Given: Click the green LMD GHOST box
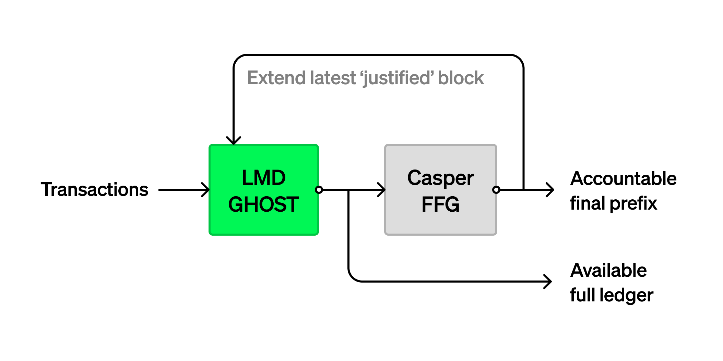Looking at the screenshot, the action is [264, 190].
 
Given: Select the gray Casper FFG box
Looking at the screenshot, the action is [440, 190].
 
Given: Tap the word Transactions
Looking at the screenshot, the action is [94, 190].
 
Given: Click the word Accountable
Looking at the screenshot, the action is [623, 178].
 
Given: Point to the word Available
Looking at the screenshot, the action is [608, 270].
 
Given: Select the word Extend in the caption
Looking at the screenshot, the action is [277, 78].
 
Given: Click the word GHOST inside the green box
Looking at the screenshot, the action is [263, 204].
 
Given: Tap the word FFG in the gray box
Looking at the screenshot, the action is [440, 204].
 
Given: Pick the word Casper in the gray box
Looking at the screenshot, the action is [440, 178].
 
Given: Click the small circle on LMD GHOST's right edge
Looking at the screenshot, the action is [319, 190].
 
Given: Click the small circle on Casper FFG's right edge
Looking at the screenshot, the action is [496, 190].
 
